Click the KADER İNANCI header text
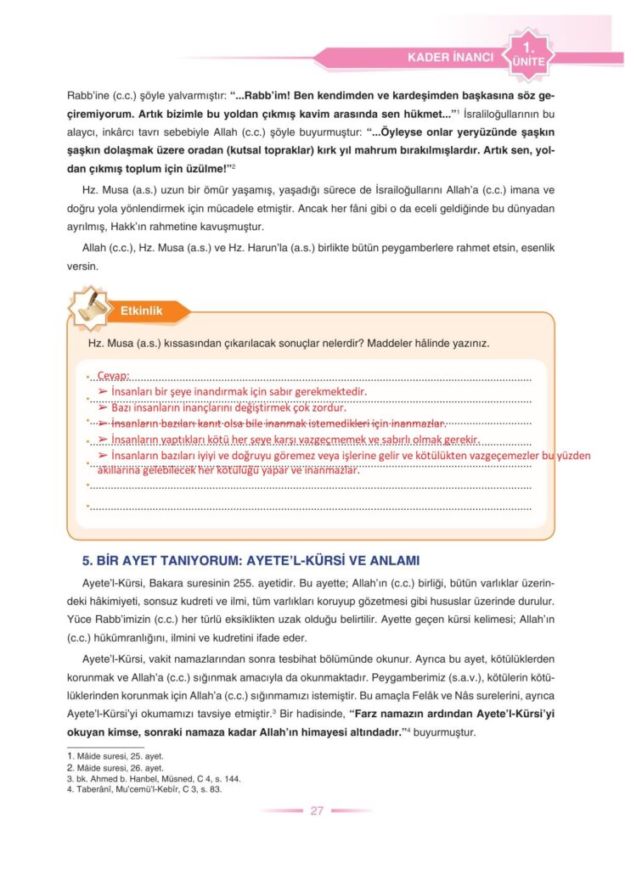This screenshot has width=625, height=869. pos(450,58)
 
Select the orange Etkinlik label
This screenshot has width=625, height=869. pos(142,311)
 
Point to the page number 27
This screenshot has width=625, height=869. pos(317,810)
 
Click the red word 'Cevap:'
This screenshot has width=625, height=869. pos(113,375)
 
